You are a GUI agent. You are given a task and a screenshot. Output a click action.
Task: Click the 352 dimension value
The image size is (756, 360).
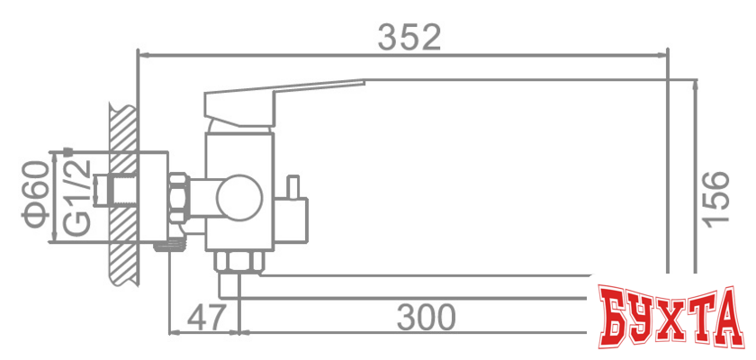409,37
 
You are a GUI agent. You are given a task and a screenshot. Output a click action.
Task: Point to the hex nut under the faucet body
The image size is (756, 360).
238,262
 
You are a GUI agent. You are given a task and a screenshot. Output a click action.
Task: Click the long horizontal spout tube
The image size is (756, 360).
414,286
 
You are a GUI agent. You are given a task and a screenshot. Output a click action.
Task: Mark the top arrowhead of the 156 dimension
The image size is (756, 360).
697,85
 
